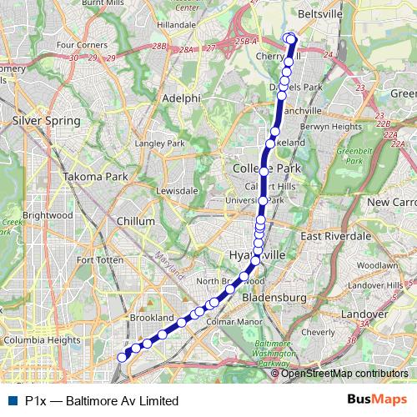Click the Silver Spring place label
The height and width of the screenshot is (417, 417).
pyautogui.click(x=46, y=121)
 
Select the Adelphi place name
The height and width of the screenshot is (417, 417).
pyautogui.click(x=182, y=98)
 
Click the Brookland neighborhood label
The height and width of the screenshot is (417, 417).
pyautogui.click(x=152, y=318)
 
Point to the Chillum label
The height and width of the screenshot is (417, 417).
pyautogui.click(x=137, y=221)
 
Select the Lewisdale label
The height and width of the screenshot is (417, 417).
pyautogui.click(x=177, y=190)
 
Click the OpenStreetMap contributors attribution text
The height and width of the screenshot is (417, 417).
pyautogui.click(x=344, y=374)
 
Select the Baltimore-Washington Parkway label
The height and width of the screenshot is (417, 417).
pyautogui.click(x=271, y=354)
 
